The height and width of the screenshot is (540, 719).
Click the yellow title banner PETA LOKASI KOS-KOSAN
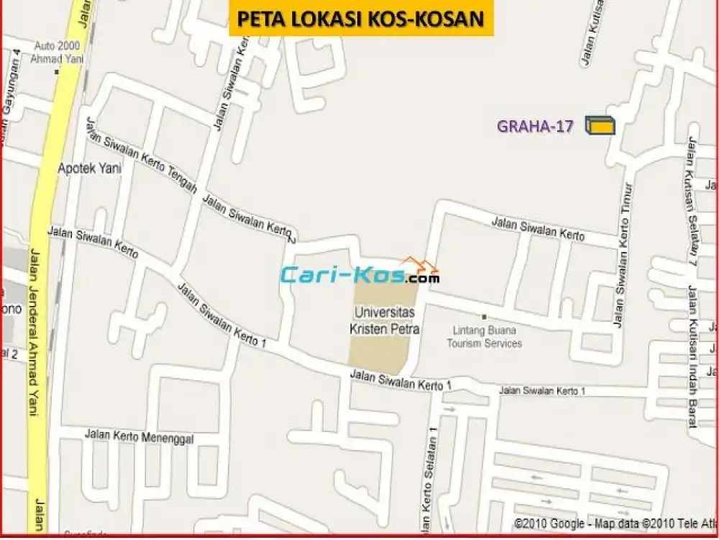[361, 18]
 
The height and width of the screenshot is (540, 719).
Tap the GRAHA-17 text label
[536, 127]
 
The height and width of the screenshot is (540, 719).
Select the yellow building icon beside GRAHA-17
[600, 125]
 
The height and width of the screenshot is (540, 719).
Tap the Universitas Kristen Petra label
[386, 320]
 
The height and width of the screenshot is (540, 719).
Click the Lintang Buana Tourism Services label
[485, 337]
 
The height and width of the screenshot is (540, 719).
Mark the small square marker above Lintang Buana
[484, 317]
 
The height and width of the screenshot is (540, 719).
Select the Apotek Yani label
[89, 168]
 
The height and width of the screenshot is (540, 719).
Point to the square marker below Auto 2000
[58, 71]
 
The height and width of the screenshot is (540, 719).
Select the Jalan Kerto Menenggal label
[139, 435]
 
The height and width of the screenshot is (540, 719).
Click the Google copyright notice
[615, 524]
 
